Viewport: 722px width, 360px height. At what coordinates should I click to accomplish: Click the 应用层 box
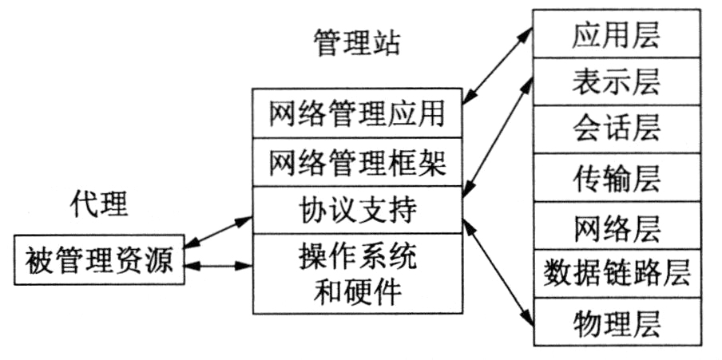pos(617,34)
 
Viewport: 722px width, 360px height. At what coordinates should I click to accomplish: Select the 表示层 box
pos(617,81)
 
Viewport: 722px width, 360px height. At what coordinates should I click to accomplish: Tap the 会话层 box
pos(617,129)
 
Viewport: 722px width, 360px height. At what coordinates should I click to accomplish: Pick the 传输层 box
pos(617,178)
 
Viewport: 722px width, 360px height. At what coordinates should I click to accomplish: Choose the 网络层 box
pos(617,226)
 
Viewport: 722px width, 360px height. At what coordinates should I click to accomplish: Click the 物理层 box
pos(617,322)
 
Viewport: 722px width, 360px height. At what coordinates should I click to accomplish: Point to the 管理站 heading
pos(355,42)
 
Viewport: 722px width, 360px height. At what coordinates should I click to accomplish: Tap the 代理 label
pos(98,204)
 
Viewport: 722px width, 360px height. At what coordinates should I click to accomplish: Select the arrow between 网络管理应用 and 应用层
pos(498,67)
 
